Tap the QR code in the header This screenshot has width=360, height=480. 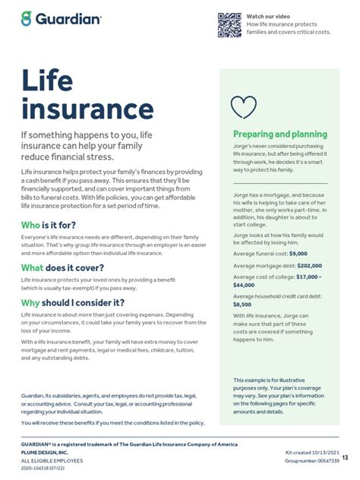(x=229, y=25)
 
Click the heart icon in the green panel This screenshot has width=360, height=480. (x=243, y=107)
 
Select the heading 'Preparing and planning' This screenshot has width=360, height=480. (x=279, y=134)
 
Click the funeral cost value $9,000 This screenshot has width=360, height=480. (x=297, y=254)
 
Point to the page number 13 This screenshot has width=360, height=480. (x=346, y=457)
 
